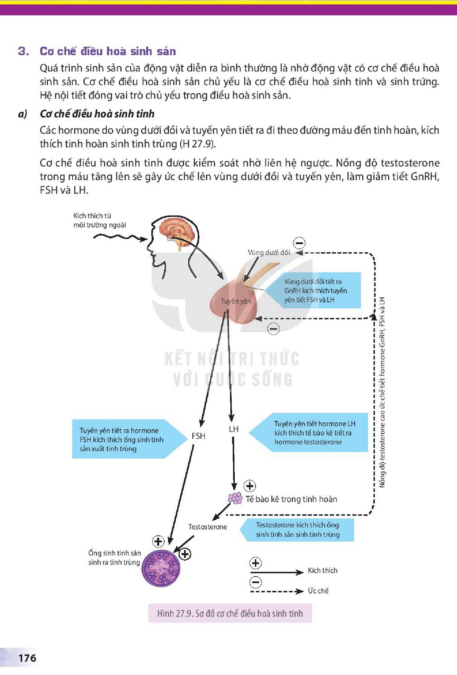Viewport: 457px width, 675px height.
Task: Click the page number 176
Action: click(27, 658)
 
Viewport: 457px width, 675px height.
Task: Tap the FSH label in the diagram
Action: click(199, 436)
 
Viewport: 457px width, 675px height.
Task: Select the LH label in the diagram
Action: click(234, 429)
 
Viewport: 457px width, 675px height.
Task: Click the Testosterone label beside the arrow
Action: click(208, 527)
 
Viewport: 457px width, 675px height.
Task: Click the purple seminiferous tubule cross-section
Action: click(161, 568)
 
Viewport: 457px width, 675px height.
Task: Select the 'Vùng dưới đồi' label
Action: click(269, 252)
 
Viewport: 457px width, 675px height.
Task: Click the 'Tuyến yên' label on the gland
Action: click(236, 301)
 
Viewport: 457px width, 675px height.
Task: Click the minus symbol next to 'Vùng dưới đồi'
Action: click(299, 243)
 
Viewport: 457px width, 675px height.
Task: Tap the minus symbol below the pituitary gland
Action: click(274, 329)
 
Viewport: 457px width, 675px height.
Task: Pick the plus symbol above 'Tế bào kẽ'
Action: click(250, 486)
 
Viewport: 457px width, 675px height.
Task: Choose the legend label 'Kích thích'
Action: click(323, 570)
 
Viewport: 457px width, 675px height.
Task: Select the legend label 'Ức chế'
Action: click(318, 590)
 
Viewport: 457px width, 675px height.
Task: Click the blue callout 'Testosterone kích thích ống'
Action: click(297, 530)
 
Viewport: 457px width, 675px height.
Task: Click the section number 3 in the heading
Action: click(24, 51)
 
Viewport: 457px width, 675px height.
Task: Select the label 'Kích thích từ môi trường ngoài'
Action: click(100, 220)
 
